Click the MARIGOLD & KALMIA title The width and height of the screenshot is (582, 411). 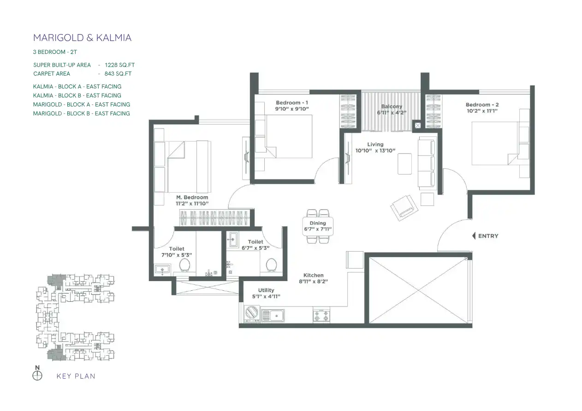pyautogui.click(x=82, y=38)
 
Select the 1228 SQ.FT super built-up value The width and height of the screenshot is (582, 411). pyautogui.click(x=120, y=65)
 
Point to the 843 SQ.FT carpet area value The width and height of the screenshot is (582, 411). pyautogui.click(x=118, y=74)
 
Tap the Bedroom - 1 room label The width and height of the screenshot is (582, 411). pyautogui.click(x=292, y=103)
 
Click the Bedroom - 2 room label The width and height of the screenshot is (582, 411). pyautogui.click(x=482, y=105)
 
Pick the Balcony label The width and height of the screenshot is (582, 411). pyautogui.click(x=392, y=106)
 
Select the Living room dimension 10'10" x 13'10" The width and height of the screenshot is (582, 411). pyautogui.click(x=375, y=151)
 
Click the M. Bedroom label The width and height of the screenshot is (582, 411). pyautogui.click(x=192, y=197)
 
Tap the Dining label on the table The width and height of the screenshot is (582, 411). pyautogui.click(x=317, y=223)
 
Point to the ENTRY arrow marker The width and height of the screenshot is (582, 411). pyautogui.click(x=474, y=236)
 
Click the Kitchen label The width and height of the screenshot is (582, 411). pyautogui.click(x=313, y=275)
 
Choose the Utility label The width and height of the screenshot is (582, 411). pyautogui.click(x=266, y=290)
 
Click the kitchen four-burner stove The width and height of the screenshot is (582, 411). pyautogui.click(x=321, y=315)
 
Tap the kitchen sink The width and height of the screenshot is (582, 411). pyautogui.click(x=273, y=316)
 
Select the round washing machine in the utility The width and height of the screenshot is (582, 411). pyautogui.click(x=252, y=312)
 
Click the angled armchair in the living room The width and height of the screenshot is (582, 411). pyautogui.click(x=404, y=208)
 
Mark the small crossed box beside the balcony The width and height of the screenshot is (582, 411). pyautogui.click(x=417, y=125)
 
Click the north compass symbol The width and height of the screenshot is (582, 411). pyautogui.click(x=37, y=376)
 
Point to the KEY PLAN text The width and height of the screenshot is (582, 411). pyautogui.click(x=76, y=376)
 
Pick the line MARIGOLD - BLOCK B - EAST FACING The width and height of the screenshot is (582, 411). pyautogui.click(x=81, y=113)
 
